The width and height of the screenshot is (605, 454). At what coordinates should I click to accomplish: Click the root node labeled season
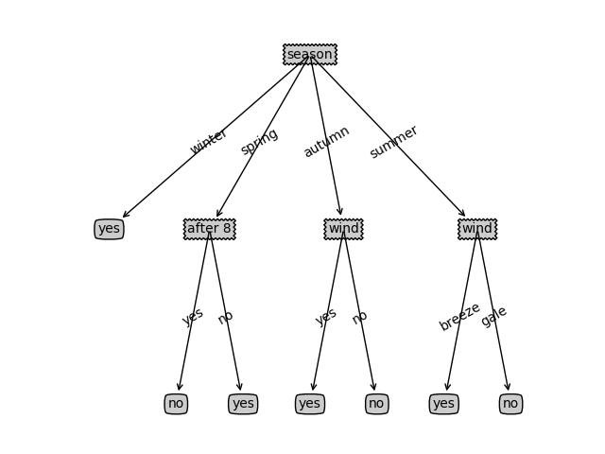310,54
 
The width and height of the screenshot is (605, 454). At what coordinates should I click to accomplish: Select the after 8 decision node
209,229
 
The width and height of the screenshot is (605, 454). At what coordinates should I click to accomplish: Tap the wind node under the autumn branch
343,229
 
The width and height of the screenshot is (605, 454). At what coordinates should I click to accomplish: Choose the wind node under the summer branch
477,229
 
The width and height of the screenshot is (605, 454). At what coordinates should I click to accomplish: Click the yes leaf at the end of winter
109,229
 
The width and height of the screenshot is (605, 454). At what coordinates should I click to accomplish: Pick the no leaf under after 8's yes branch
176,404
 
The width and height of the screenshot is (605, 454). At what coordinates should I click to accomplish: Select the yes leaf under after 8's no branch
243,404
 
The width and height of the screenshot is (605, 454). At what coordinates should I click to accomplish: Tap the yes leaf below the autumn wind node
309,404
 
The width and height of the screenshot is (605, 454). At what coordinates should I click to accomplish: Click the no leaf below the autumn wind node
376,404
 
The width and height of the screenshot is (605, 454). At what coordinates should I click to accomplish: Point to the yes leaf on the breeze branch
443,404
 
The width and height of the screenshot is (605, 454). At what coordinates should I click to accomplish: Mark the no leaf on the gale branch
510,404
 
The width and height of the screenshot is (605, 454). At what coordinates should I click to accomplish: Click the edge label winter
209,141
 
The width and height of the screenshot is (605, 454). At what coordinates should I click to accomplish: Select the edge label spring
259,141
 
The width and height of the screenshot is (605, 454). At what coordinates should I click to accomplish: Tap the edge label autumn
327,141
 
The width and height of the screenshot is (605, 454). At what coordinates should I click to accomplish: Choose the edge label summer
393,141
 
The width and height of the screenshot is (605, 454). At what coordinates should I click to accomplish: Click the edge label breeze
460,317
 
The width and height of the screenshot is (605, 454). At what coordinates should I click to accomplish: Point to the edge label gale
493,317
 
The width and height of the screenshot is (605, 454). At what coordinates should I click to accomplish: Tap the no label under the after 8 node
225,317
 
